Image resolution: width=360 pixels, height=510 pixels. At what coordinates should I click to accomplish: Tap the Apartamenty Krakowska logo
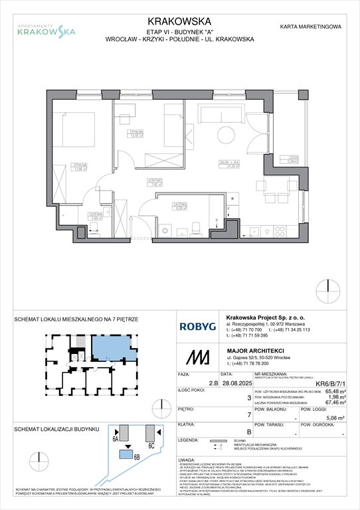coord(46,27)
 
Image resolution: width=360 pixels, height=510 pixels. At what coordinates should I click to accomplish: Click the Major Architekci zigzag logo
coord(193,358)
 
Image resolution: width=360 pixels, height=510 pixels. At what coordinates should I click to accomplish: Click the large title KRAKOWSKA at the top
coord(179,9)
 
